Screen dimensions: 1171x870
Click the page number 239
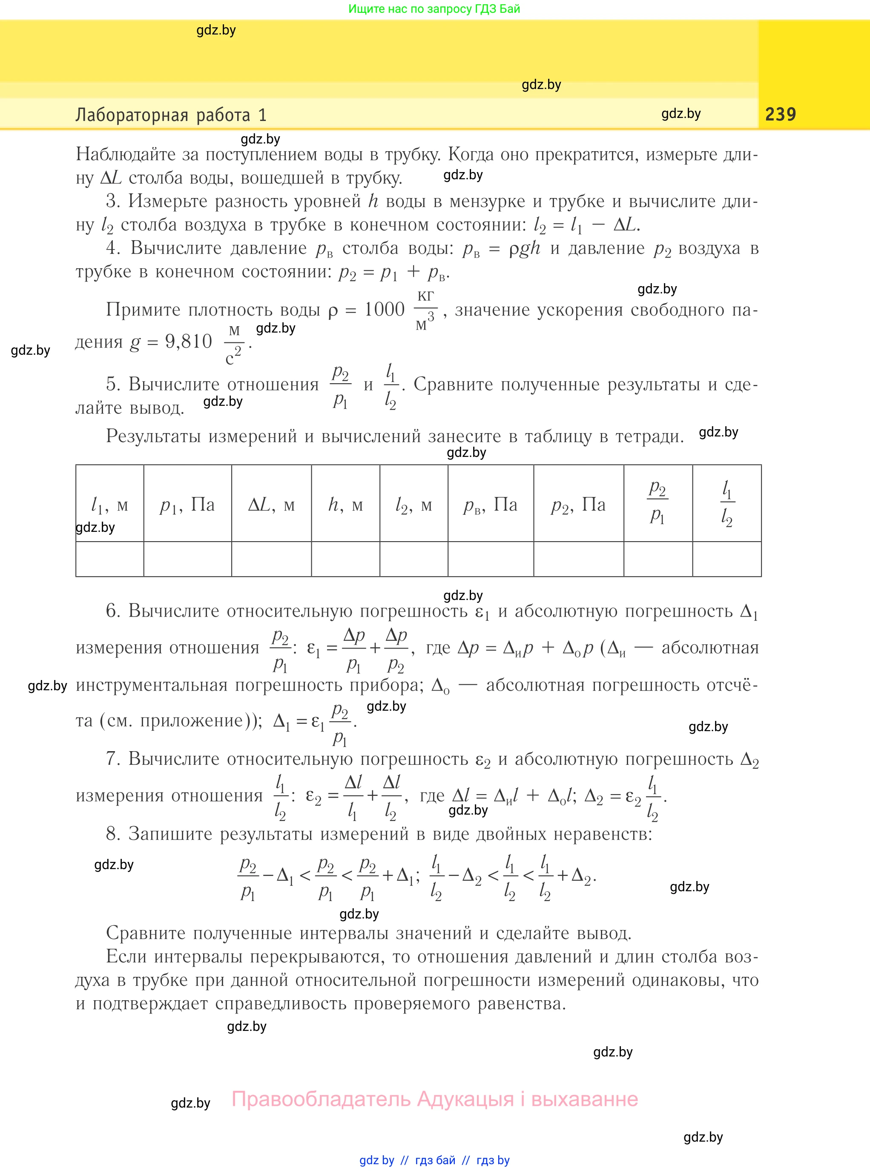point(780,114)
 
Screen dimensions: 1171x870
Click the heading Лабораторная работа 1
point(171,115)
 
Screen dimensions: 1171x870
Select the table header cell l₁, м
point(109,505)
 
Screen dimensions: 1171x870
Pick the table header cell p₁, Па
point(187,505)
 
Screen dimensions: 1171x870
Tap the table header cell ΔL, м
point(271,505)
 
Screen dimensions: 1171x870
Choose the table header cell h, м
point(345,505)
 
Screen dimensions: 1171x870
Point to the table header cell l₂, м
point(413,505)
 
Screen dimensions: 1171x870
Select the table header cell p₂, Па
point(578,505)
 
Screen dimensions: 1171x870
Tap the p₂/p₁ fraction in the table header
point(658,503)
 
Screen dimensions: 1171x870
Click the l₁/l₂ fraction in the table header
point(727,503)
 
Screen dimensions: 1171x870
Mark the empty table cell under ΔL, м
point(271,559)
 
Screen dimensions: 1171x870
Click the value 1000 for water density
point(385,310)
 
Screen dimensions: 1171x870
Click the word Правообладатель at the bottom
point(321,1099)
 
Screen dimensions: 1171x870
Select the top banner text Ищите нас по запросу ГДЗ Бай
point(434,9)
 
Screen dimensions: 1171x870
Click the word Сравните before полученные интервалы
point(146,933)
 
